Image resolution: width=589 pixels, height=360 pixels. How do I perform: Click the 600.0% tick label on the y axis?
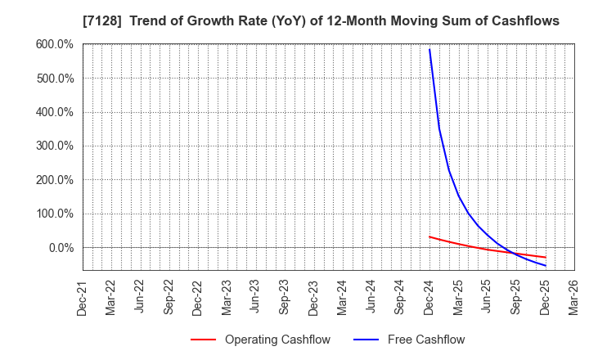point(55,44)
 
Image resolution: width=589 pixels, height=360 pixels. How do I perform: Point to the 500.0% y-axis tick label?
point(55,79)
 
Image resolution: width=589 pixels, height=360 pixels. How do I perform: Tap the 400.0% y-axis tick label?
point(55,112)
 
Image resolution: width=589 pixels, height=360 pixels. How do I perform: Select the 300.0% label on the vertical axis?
point(55,146)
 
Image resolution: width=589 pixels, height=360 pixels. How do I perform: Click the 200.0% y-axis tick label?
point(55,180)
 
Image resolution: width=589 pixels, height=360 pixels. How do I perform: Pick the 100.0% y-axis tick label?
point(55,214)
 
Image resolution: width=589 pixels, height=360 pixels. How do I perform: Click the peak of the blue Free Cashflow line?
point(429,49)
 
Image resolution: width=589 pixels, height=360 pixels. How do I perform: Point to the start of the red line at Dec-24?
point(429,236)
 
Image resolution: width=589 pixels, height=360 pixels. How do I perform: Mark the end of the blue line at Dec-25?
point(545,265)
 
